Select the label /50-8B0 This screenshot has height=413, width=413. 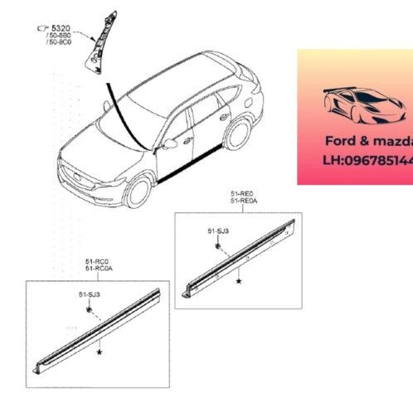60,36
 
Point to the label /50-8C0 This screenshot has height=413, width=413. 60,43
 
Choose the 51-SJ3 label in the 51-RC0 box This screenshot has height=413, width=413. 90,295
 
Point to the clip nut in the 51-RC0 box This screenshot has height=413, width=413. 88,309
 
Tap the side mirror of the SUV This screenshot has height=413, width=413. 170,142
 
